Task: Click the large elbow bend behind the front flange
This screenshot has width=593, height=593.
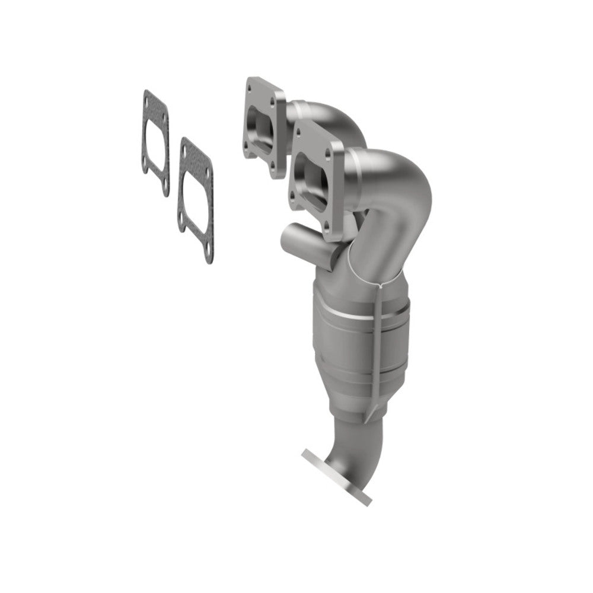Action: (403, 190)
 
